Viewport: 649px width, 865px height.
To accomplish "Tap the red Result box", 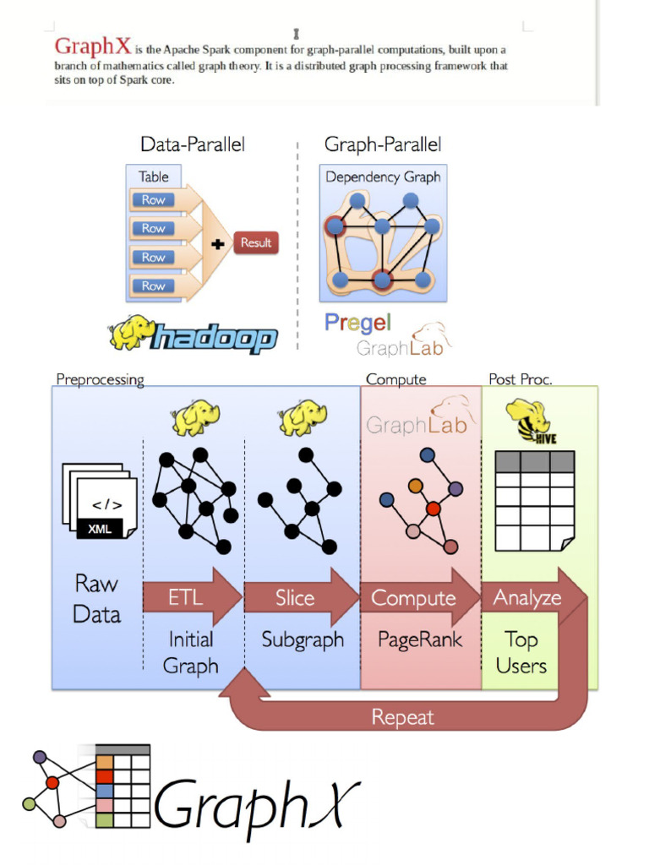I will pos(255,243).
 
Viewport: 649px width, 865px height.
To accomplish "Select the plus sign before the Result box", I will pos(218,243).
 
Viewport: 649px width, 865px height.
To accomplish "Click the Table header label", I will pos(154,177).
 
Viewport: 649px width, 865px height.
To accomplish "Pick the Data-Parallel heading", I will pos(193,144).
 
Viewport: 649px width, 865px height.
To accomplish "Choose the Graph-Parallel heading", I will pos(383,144).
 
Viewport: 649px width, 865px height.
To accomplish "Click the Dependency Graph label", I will pos(383,177).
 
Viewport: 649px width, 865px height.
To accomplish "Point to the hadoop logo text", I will pos(213,340).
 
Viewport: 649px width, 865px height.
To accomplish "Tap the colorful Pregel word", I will pos(357,323).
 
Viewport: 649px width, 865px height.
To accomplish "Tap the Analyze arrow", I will pos(527,598).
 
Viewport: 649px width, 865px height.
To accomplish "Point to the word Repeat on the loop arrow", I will pos(402,718).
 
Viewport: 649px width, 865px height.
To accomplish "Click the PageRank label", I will pos(420,639).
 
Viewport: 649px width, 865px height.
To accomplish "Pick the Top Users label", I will pos(521,652).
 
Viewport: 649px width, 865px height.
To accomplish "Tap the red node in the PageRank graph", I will pos(434,509).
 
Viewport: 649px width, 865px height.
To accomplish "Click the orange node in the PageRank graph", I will pos(415,486).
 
